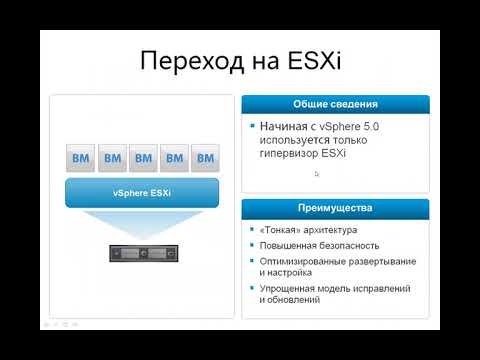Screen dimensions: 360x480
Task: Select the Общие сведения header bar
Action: (x=335, y=104)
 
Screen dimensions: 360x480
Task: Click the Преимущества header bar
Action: (x=335, y=208)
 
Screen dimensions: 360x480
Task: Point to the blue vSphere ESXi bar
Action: (x=142, y=193)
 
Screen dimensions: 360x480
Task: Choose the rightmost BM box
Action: (x=205, y=158)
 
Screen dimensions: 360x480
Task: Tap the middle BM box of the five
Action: (x=143, y=158)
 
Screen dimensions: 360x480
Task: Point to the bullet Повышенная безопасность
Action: (x=311, y=246)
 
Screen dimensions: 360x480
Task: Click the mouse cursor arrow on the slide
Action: (x=317, y=174)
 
